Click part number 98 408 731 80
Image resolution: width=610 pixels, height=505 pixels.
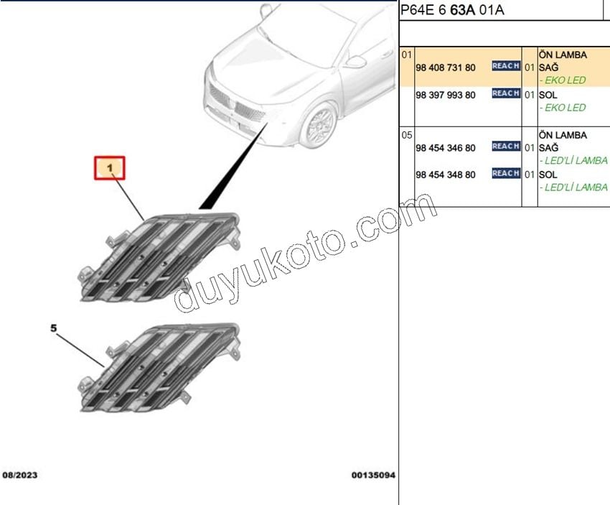(x=446, y=68)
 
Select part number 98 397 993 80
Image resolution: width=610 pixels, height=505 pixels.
(x=446, y=95)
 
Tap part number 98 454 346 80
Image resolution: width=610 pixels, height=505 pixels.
(x=446, y=148)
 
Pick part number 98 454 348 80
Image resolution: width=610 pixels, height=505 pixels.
(x=446, y=175)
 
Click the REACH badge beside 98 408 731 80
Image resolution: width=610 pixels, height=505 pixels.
(x=506, y=66)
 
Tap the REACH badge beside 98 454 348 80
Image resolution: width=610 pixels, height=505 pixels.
(x=506, y=173)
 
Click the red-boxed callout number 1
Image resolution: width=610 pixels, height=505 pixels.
(x=110, y=168)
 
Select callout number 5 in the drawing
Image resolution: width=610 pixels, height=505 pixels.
(x=54, y=328)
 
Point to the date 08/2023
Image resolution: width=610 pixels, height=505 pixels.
(x=20, y=475)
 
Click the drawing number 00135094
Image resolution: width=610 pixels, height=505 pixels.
(x=373, y=475)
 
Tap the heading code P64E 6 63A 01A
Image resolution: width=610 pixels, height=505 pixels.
(x=452, y=10)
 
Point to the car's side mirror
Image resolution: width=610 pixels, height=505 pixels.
(x=355, y=62)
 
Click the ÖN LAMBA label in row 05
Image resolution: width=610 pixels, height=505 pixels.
(x=563, y=135)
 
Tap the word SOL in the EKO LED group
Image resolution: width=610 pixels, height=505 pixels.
(x=548, y=95)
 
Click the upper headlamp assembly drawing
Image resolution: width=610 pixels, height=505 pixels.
(x=159, y=257)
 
